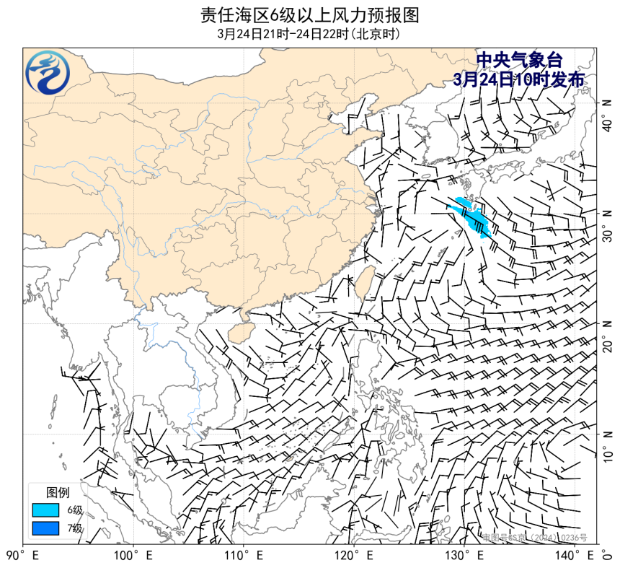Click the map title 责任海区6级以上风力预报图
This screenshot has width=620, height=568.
coord(309,15)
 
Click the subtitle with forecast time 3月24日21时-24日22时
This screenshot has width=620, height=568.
coord(309,34)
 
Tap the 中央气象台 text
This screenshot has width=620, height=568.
coord(518,61)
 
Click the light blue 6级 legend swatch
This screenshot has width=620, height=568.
coord(45,510)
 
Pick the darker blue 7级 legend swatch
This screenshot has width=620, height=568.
coord(45,528)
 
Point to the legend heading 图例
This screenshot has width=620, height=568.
coord(58,492)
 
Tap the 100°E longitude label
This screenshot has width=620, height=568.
coord(133,556)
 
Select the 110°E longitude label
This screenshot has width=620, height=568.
coord(243,556)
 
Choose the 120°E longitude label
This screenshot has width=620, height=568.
coord(353,556)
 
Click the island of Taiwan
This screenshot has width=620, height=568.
coord(364,280)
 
